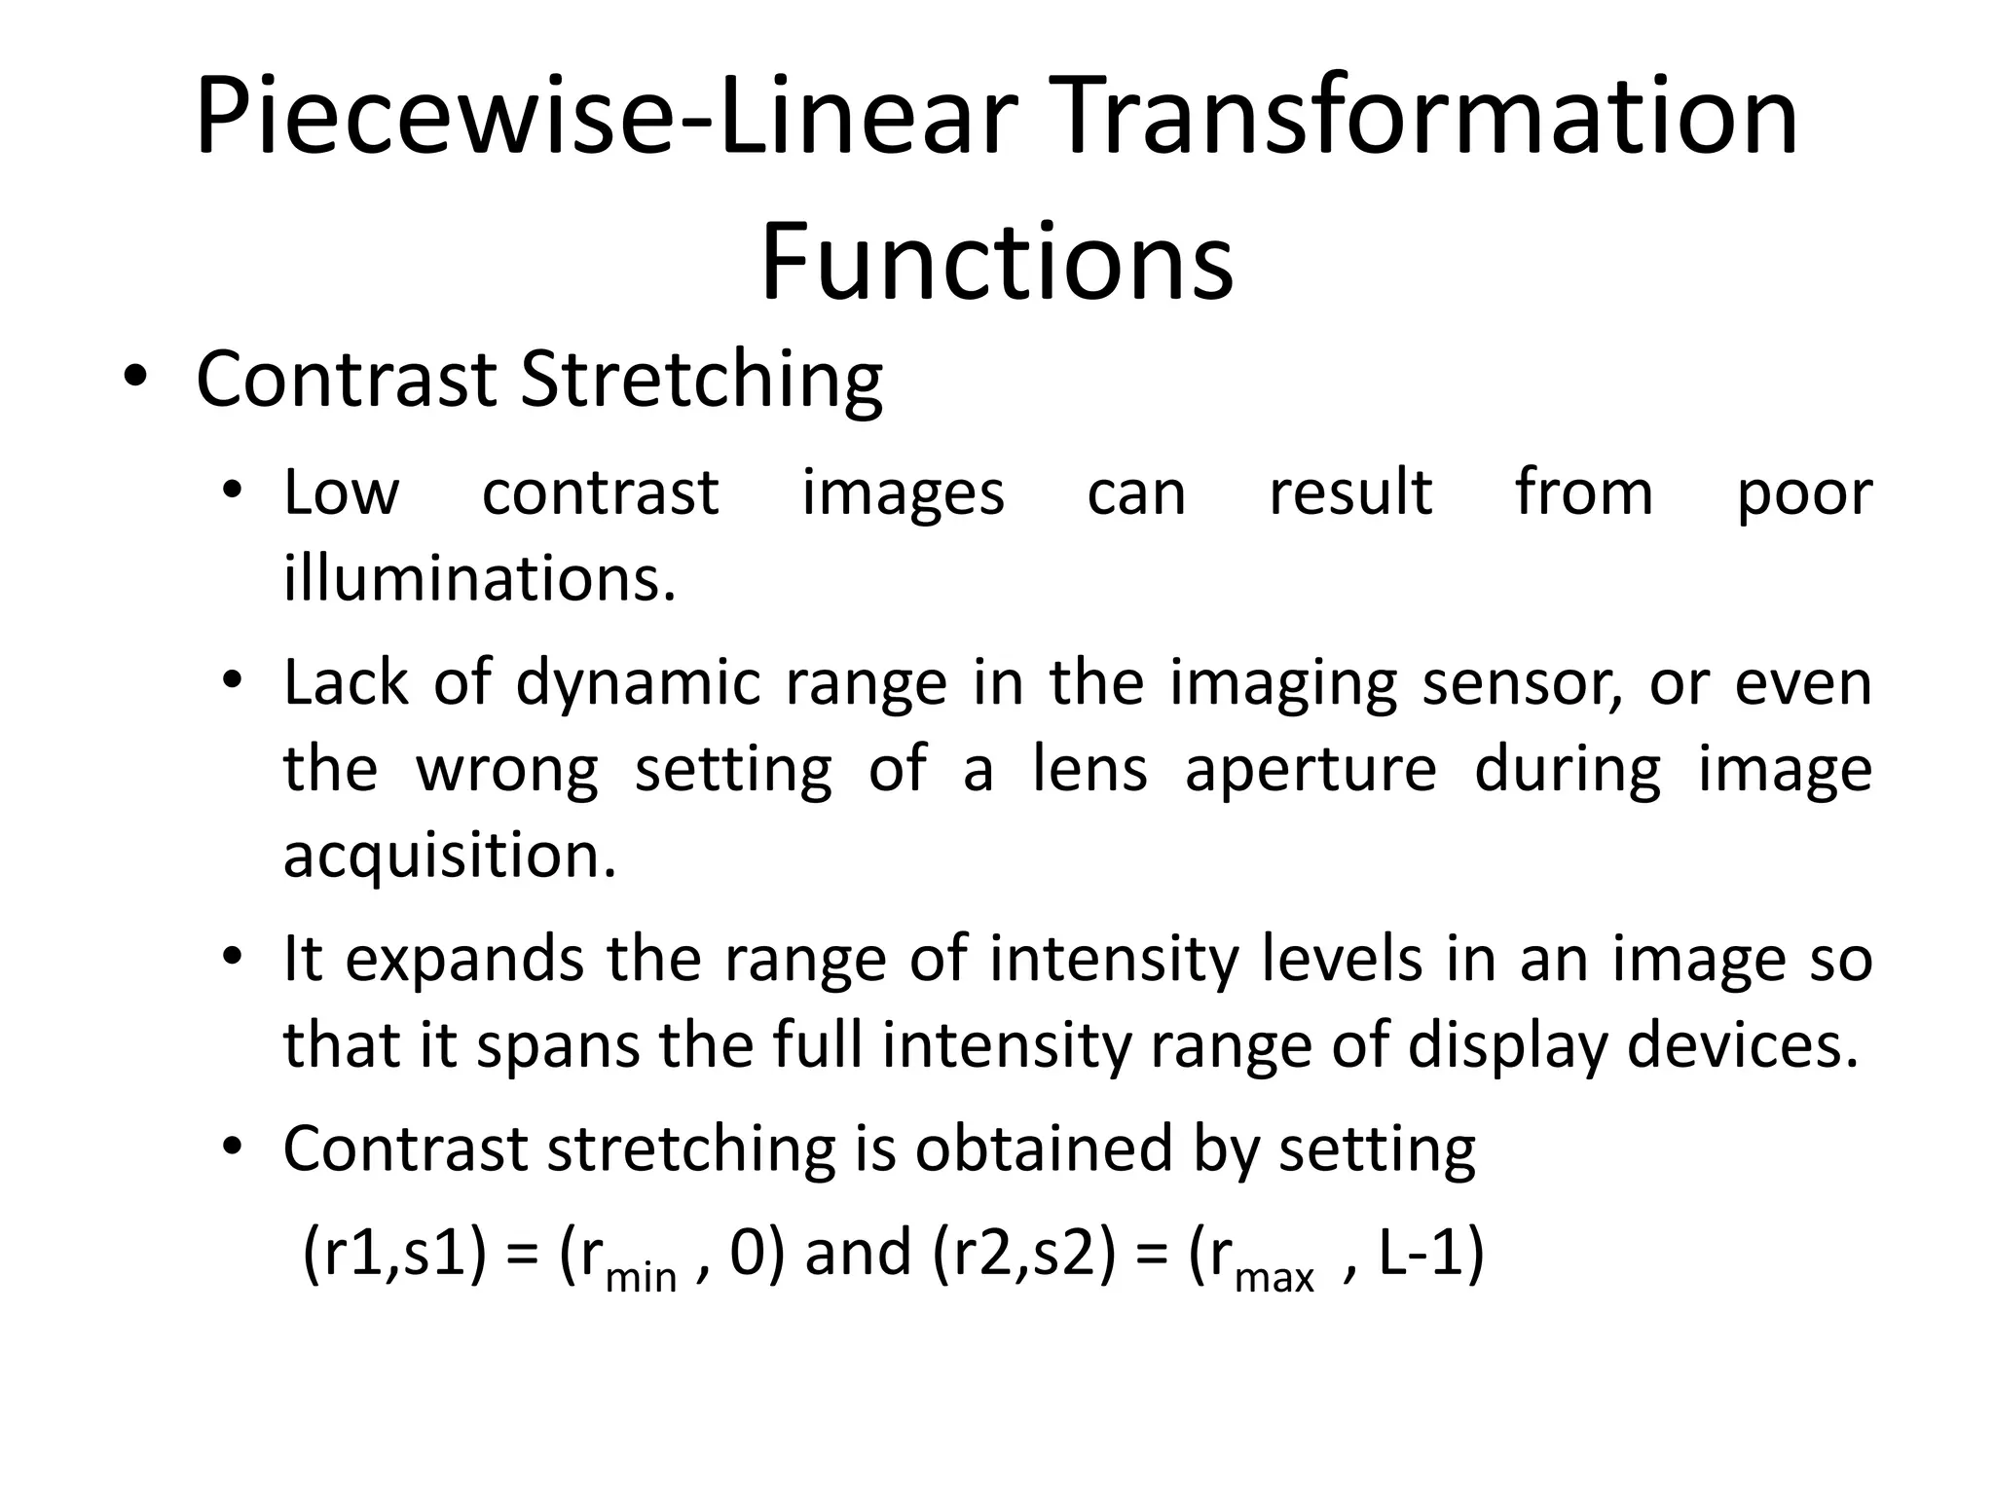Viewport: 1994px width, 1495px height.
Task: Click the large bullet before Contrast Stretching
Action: coord(135,380)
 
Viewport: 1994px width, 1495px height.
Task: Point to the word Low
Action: coord(341,492)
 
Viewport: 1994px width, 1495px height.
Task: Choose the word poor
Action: coord(1804,492)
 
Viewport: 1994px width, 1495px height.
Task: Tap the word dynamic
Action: coord(638,683)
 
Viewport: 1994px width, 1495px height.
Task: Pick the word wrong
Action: coord(507,769)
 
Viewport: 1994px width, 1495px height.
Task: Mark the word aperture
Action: coord(1311,769)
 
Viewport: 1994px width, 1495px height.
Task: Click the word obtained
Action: coord(1043,1149)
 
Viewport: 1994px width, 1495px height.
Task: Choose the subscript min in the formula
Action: coord(641,1275)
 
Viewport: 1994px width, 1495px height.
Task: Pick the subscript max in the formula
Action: coord(1274,1275)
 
